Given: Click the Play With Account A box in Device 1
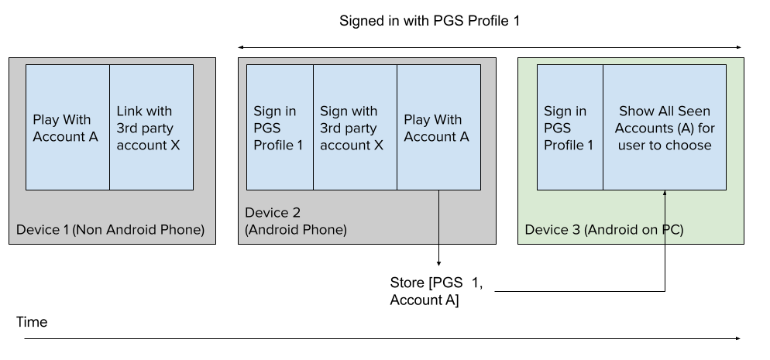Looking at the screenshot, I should (x=67, y=128).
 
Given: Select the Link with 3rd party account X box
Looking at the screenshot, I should (x=151, y=128).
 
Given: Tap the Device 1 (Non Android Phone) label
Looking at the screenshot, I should (x=110, y=230).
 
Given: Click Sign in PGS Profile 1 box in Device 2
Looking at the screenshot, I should (x=280, y=128).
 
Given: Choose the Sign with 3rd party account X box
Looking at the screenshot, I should (x=355, y=128).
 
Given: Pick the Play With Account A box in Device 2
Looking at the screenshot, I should (x=438, y=128).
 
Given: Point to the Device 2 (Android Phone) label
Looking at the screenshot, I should (x=295, y=221).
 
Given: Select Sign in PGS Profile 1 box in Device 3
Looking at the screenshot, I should (x=569, y=128).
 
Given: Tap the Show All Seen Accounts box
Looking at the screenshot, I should (x=665, y=128).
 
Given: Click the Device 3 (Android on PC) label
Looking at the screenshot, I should (x=603, y=230).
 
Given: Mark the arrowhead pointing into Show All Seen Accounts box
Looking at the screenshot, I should (x=665, y=194).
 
